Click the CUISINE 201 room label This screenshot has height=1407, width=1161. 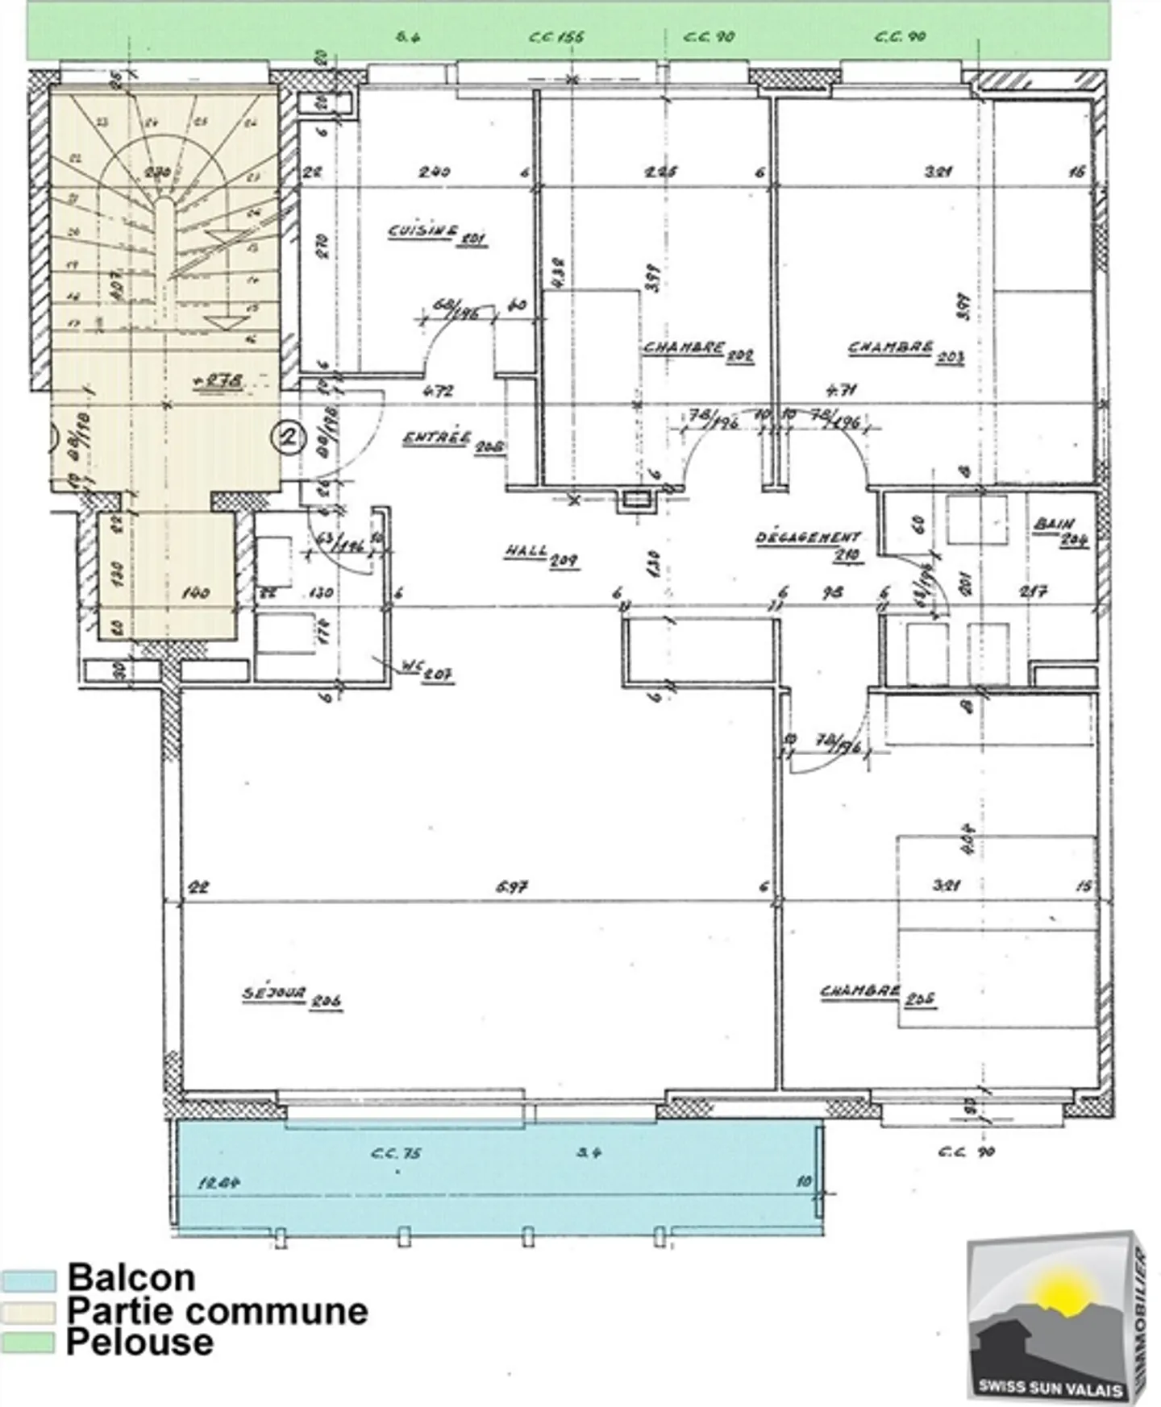click(436, 234)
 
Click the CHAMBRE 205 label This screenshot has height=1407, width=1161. click(878, 994)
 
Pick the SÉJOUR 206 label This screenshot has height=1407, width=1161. click(292, 997)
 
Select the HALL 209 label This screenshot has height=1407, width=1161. click(541, 555)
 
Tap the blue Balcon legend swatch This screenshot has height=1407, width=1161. click(28, 1281)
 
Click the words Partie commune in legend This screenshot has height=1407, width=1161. click(217, 1311)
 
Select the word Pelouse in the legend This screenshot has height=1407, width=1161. click(140, 1342)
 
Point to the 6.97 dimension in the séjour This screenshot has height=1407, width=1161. click(512, 886)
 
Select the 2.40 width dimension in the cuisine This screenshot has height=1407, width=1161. click(434, 172)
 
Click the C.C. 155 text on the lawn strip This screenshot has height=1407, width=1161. click(556, 37)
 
